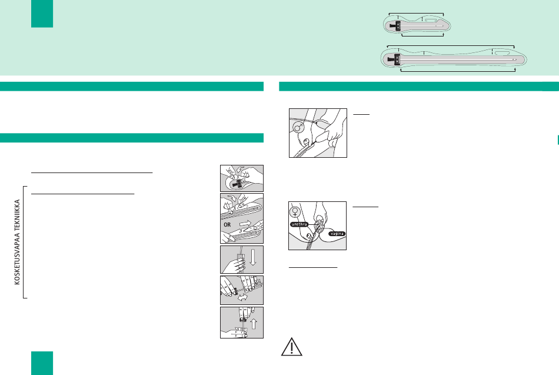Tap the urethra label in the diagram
click(299, 224)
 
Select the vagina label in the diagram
click(337, 234)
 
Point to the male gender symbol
click(298, 127)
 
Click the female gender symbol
click(295, 212)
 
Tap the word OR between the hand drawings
click(227, 225)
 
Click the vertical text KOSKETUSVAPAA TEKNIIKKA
click(17, 242)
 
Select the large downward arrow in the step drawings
click(253, 257)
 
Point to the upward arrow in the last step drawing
click(254, 324)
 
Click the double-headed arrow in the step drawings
click(242, 297)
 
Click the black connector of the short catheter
click(396, 26)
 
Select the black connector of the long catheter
click(394, 59)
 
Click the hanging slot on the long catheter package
click(502, 53)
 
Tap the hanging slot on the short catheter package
click(430, 19)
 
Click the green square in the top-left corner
click(42, 14)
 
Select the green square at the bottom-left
click(42, 363)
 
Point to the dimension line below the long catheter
click(458, 71)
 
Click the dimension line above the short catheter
click(416, 14)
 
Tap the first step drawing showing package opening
click(242, 178)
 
